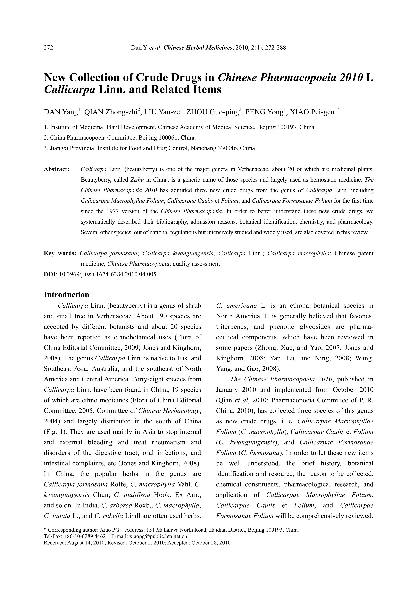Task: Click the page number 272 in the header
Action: pos(49,48)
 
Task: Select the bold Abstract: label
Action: pos(57,169)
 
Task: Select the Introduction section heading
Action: pos(67,294)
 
